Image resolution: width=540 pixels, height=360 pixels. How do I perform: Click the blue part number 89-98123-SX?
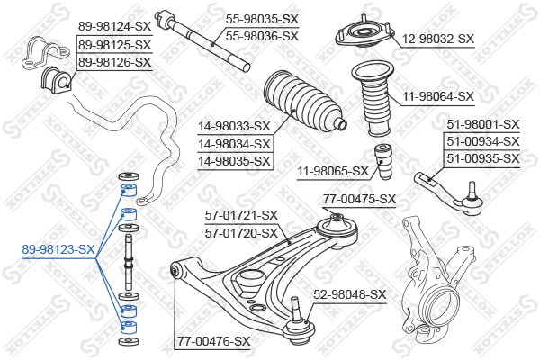[x=58, y=249]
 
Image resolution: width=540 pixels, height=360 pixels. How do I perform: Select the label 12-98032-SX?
[x=438, y=39]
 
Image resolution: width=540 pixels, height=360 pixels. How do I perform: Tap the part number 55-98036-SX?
[x=262, y=36]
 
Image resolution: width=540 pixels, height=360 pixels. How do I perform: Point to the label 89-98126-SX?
[x=114, y=62]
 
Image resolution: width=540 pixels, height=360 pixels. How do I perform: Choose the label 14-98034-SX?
[x=234, y=144]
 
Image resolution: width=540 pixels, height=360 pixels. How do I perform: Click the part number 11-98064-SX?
[x=438, y=96]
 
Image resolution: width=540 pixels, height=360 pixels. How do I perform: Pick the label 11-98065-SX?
[x=333, y=171]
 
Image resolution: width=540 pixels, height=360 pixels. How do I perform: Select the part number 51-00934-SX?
[x=482, y=141]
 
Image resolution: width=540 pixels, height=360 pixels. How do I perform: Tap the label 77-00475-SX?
[x=359, y=199]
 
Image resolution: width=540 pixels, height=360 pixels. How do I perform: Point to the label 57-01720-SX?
[x=241, y=233]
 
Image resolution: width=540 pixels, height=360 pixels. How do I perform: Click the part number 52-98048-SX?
[x=350, y=294]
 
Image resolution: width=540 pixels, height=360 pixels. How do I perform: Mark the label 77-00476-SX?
[x=213, y=341]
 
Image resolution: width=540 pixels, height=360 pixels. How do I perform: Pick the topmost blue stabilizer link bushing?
[x=129, y=190]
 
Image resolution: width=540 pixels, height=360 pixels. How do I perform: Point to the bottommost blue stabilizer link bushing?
[x=129, y=327]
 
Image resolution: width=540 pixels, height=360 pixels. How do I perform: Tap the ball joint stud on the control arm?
[x=295, y=307]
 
